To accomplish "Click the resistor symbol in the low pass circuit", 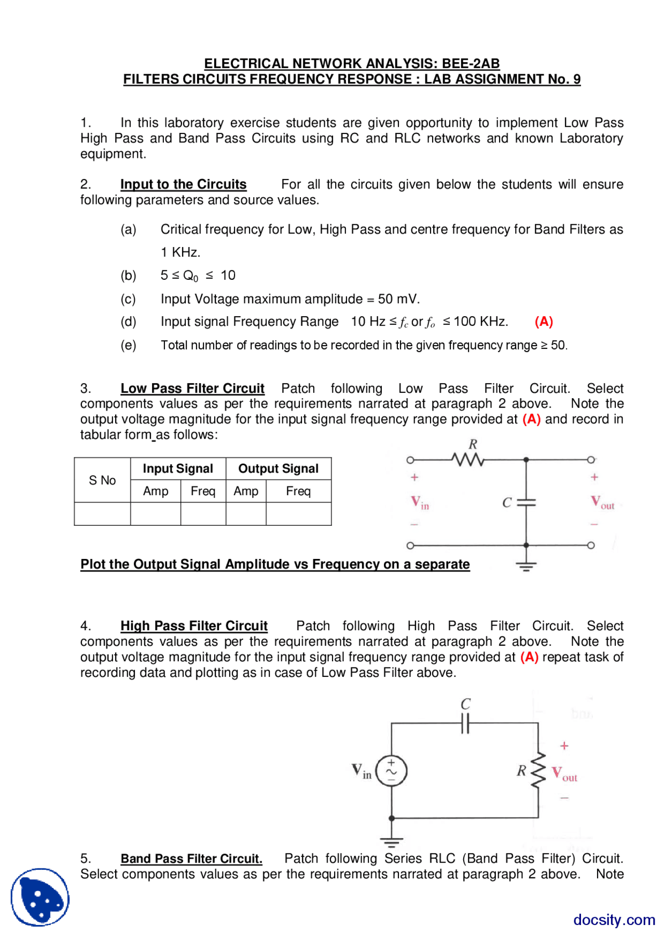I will [467, 459].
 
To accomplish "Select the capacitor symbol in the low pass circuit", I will [526, 502].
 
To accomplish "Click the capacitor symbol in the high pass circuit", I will [465, 723].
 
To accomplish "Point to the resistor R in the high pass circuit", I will [538, 770].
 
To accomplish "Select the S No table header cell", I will [102, 480].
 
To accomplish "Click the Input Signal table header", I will [178, 469].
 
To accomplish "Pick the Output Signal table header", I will [279, 469].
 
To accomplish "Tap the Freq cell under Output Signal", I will [298, 491].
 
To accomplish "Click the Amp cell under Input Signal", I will [156, 491].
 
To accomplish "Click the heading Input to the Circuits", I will [183, 184].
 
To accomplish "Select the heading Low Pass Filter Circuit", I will [192, 388].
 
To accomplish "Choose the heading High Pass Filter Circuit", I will [194, 625].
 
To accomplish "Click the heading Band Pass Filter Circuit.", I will [191, 859].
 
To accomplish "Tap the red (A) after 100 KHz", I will [544, 322].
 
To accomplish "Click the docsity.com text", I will [614, 920].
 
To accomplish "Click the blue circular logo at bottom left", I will [40, 897].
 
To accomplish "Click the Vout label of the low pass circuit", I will [602, 502].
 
